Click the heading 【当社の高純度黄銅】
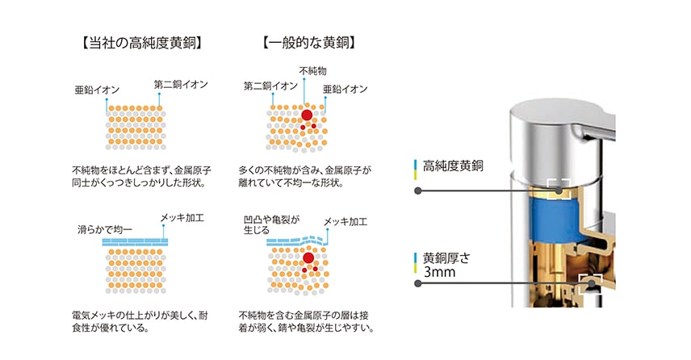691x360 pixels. tap(141, 43)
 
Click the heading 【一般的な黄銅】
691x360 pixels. tap(309, 43)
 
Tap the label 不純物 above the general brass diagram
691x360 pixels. tap(312, 70)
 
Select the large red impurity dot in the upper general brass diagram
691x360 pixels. tap(307, 115)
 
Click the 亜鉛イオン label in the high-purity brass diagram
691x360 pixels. tap(97, 90)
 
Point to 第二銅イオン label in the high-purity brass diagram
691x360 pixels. tap(181, 84)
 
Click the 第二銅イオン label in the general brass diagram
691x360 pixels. tap(270, 86)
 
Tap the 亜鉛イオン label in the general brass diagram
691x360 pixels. tap(345, 89)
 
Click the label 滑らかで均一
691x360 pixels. tap(104, 229)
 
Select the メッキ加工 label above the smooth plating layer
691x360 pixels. tap(182, 218)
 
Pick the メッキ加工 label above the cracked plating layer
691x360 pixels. tap(345, 222)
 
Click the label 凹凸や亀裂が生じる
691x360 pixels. tap(271, 224)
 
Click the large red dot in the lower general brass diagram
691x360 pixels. tap(308, 258)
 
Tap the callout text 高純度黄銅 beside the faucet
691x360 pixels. tap(453, 166)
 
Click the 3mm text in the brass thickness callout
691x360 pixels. tap(439, 272)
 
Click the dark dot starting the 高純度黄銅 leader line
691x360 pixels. tap(418, 190)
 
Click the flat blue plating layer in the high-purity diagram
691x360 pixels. tap(136, 242)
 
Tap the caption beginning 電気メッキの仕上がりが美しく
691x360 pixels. tap(140, 322)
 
